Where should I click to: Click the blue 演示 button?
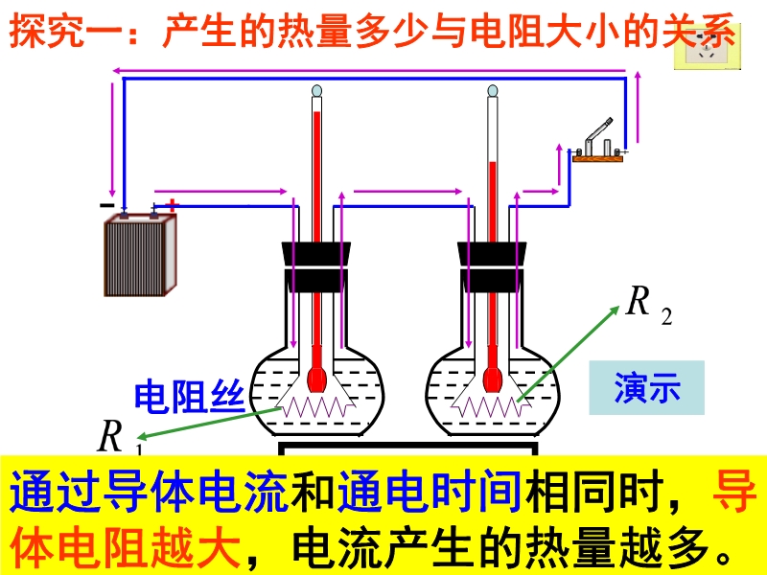pos(647,387)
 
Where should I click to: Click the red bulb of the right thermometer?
pos(493,377)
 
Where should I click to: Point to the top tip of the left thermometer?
pos(317,93)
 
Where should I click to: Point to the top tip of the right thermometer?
pos(493,92)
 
